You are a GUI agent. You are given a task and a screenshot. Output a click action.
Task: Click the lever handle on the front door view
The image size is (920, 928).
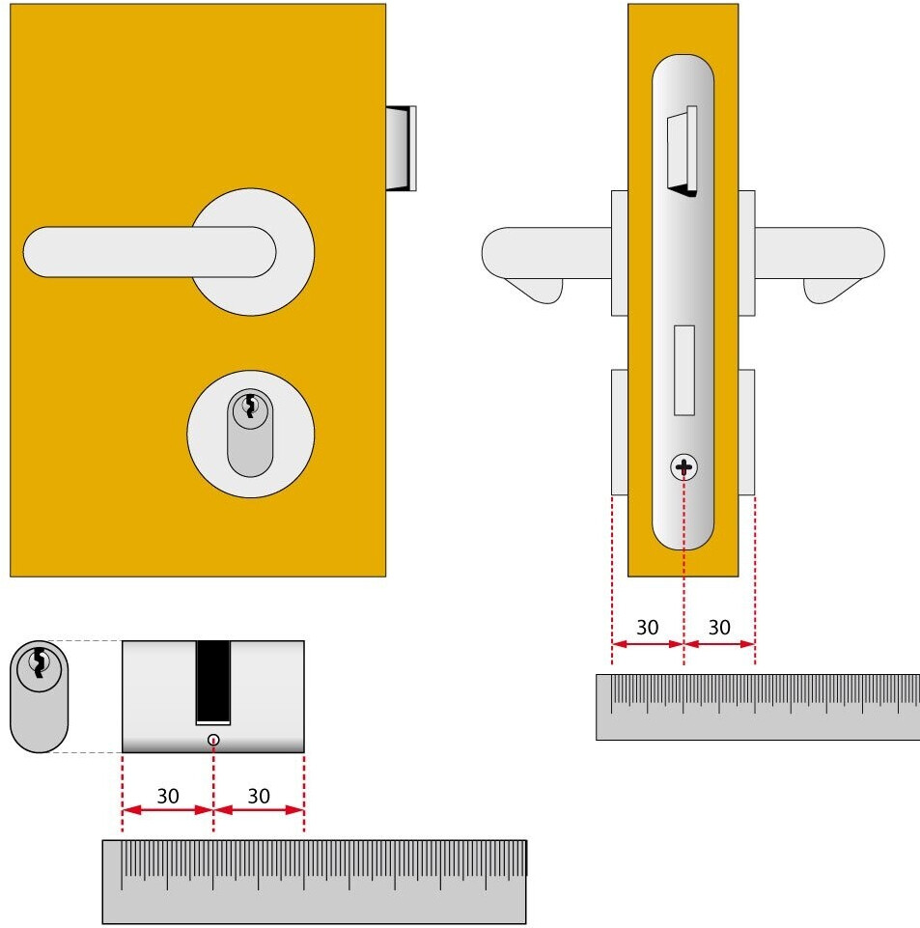[149, 251]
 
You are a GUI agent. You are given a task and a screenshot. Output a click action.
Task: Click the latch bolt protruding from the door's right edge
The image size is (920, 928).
[402, 149]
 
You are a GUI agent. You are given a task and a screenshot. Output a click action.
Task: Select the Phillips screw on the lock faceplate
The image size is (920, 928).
[683, 467]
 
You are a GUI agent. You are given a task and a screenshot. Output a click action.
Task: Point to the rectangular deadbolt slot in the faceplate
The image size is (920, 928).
[684, 371]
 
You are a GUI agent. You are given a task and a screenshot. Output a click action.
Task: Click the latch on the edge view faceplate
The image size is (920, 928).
[683, 151]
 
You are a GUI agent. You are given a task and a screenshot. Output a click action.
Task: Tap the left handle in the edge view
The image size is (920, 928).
[546, 265]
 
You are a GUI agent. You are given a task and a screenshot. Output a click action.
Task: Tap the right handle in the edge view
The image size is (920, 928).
[820, 265]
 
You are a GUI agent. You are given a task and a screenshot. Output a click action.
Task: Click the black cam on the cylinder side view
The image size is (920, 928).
[213, 682]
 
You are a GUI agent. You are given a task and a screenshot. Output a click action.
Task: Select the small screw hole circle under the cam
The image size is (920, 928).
[213, 740]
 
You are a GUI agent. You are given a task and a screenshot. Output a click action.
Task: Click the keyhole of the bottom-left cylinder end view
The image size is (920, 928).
[39, 662]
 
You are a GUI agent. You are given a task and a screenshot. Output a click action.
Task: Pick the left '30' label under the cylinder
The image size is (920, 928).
[168, 796]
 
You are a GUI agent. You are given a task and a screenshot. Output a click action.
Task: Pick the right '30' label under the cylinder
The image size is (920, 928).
[259, 796]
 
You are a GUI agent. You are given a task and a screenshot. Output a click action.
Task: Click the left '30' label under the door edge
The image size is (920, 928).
[647, 628]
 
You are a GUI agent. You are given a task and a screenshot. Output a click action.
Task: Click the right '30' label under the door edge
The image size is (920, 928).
[719, 628]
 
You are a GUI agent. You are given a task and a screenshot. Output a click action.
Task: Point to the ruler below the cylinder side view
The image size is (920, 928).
[314, 882]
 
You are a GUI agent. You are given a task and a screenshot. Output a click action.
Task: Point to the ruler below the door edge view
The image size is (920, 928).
[758, 707]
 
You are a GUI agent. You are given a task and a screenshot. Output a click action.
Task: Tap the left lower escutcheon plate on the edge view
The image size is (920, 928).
[620, 432]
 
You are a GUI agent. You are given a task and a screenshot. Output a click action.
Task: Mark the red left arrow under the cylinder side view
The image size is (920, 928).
[167, 809]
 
